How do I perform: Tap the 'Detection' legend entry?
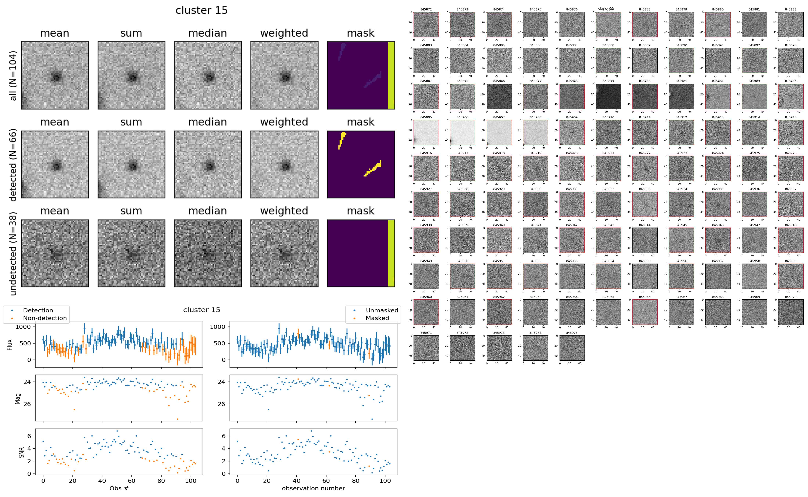38,310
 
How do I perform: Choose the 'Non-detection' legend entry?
45,318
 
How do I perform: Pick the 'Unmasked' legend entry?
382,310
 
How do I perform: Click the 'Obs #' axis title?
119,489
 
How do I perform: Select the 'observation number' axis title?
313,489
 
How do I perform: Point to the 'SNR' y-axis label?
21,452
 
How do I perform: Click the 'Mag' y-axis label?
18,398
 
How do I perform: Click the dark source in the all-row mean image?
56,78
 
